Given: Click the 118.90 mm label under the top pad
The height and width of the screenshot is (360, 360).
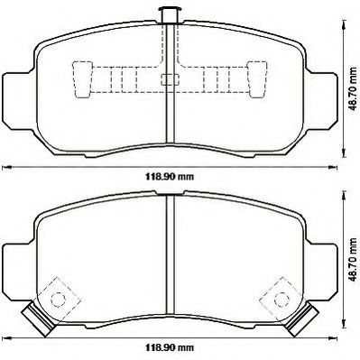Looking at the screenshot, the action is (x=170, y=177).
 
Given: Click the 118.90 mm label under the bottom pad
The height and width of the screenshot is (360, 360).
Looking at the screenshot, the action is (x=170, y=348).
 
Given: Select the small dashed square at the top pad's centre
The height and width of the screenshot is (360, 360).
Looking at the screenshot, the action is (x=171, y=79).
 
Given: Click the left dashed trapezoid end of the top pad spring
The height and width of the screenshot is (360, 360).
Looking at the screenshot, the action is (x=82, y=79).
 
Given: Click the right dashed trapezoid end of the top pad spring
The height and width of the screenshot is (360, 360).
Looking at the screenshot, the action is (x=257, y=79).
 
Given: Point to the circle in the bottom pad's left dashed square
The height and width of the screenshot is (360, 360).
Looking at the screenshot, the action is (x=58, y=300).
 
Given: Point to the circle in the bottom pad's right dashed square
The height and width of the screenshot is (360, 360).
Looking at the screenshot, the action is (x=282, y=300).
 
